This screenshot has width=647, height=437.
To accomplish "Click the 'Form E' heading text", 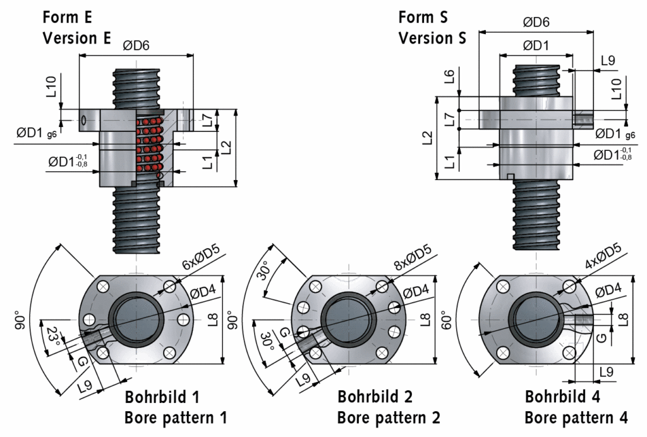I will click(68, 16).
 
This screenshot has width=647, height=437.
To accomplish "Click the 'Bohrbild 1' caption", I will click(162, 397).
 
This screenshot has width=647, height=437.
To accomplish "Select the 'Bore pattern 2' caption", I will click(388, 417).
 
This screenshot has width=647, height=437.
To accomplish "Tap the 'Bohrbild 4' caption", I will click(562, 397).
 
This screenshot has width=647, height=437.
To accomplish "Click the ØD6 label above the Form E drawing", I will click(136, 44).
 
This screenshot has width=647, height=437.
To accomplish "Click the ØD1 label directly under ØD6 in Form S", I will click(536, 45).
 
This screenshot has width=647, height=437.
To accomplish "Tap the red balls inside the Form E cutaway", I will click(150, 145).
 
